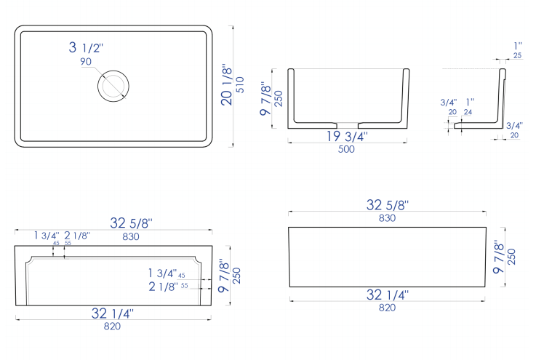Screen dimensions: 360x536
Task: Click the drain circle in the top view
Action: [x=113, y=85]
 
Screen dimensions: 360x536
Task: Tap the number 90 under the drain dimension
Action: [x=86, y=63]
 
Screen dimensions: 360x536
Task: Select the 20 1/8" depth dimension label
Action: [x=228, y=84]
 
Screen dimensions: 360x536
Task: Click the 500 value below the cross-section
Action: [x=346, y=150]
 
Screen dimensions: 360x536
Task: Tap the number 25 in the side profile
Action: [x=517, y=55]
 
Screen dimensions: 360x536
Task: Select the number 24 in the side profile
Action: [x=468, y=112]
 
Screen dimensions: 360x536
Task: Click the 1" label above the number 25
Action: [x=517, y=46]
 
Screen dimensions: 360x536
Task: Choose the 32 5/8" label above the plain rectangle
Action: [x=386, y=204]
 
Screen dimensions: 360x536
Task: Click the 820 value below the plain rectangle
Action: [x=386, y=308]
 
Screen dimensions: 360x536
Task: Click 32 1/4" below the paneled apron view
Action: [x=113, y=313]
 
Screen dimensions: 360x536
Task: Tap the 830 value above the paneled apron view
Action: [x=130, y=236]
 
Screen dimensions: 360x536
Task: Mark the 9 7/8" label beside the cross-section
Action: [x=266, y=99]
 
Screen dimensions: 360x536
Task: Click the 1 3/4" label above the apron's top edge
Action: [x=47, y=235]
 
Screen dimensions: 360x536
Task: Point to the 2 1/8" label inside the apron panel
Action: [x=162, y=287]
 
